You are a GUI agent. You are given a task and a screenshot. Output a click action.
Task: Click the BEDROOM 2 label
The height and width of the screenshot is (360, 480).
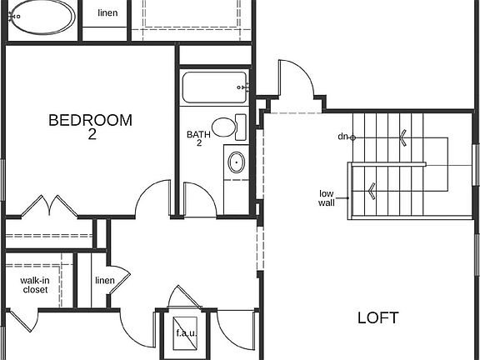coord(90,127)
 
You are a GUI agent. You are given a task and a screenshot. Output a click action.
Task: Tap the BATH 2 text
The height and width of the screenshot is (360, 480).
coord(199,137)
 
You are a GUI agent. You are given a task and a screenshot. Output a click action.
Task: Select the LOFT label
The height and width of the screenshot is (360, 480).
coord(377,317)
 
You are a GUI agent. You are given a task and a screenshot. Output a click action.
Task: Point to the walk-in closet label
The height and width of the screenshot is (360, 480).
coord(34,286)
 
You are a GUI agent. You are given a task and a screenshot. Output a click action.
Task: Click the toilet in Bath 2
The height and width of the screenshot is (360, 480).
coord(227,127)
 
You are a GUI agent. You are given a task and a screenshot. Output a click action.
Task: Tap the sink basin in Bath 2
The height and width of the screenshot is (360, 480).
coord(236,162)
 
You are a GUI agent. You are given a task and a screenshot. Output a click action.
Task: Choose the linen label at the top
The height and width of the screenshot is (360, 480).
coord(107,13)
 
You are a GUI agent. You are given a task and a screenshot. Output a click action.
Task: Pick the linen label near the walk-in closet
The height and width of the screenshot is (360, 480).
coord(104,281)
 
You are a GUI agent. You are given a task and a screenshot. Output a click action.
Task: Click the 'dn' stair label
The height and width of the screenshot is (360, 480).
coord(342,136)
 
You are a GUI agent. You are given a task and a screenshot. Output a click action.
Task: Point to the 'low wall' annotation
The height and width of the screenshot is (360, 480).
coord(327,198)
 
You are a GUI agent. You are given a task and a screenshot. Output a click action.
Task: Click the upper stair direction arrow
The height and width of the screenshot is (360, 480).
coord(403,137)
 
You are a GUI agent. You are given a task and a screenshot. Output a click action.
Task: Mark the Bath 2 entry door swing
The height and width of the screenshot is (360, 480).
coord(199,199)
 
